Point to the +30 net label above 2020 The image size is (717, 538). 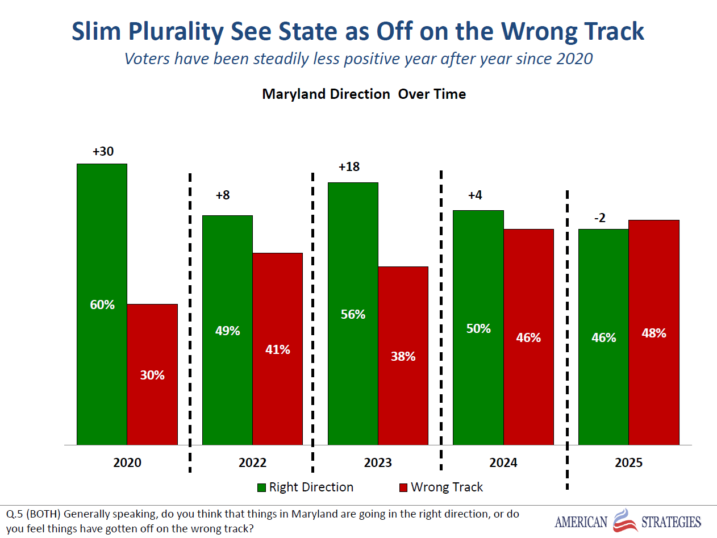point(103,152)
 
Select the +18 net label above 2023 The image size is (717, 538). point(349,167)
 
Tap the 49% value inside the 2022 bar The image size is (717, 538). point(228,331)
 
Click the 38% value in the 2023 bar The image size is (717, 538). point(403,356)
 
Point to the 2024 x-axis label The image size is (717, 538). point(503,462)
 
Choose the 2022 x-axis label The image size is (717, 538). point(252,462)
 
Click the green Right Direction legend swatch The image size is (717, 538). point(261,487)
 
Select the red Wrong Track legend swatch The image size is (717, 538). point(403,487)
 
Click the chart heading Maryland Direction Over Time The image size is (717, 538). point(364,94)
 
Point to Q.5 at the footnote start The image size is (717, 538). point(16,514)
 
